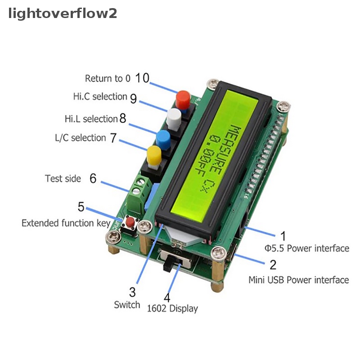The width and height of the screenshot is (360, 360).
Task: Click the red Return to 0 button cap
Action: pos(183,99)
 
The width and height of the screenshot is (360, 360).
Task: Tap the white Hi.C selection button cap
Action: pos(174,118)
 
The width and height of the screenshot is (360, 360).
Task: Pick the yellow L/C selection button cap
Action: pos(154,155)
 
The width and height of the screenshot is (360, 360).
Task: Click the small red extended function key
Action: pos(130,221)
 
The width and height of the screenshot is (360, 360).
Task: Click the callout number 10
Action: pos(142,78)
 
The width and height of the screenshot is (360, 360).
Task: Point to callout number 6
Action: pos(93,178)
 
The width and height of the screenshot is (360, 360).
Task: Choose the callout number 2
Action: pos(273,265)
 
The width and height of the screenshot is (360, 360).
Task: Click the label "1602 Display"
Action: pos(172,308)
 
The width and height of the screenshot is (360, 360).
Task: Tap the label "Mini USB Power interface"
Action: pos(299,280)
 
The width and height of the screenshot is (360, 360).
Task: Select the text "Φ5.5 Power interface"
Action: pos(307,248)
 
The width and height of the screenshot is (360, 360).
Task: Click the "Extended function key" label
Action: pos(66,223)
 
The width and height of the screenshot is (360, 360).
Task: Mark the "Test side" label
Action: pos(63,178)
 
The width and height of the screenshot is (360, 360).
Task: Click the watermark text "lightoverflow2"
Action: pos(63,13)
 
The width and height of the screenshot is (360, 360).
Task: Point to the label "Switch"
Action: pos(127,305)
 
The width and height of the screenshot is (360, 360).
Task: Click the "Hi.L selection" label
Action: pos(91,119)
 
